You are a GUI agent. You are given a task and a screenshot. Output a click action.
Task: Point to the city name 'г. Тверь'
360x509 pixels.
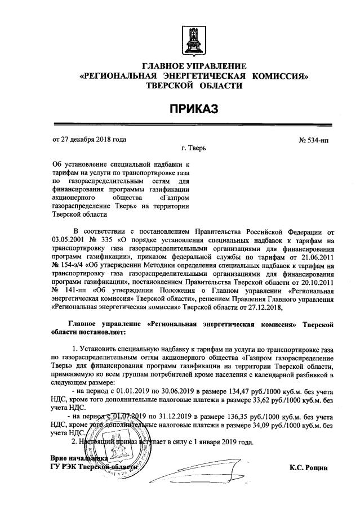click(194, 149)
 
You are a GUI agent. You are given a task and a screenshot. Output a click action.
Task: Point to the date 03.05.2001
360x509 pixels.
click(68, 239)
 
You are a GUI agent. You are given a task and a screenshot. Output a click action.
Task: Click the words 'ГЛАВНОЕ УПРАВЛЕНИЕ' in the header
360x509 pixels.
click(194, 66)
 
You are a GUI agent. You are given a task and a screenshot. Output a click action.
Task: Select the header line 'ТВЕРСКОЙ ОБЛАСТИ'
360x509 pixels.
click(194, 86)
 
